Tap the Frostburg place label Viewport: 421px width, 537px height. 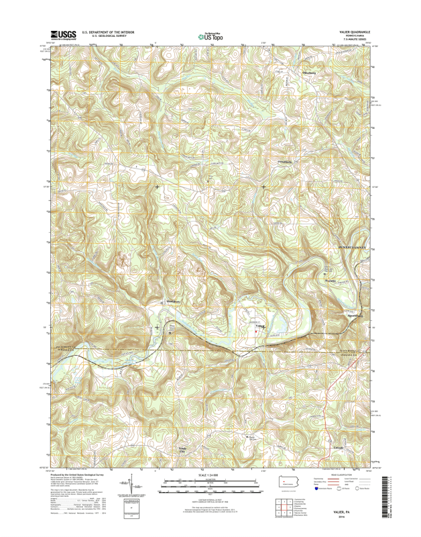coord(285,162)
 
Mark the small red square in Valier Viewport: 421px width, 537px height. coord(255,329)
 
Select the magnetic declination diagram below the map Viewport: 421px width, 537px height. coord(133,489)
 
